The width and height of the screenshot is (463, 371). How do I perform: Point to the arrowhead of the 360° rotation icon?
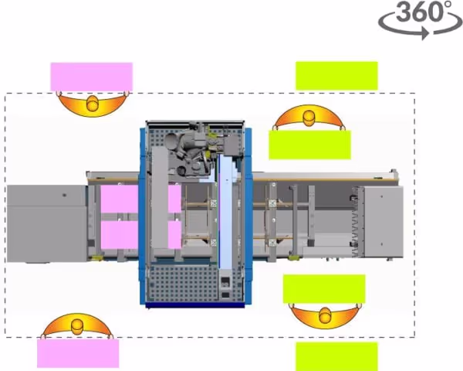click(425, 33)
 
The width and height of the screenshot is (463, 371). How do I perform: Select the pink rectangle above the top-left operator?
click(92, 77)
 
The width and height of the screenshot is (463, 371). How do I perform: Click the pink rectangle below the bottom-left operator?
click(78, 353)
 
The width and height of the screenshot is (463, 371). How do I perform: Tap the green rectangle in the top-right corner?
click(336, 76)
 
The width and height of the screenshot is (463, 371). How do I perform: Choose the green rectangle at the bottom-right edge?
click(336, 356)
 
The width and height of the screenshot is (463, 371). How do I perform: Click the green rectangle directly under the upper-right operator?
click(309, 145)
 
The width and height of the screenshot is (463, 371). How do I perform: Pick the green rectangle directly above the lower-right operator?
click(324, 289)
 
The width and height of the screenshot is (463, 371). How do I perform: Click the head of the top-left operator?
click(93, 104)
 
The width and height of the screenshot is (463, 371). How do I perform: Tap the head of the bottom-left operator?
click(78, 326)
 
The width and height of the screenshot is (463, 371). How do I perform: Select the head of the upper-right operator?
click(309, 117)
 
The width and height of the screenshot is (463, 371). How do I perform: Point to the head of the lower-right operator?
click(325, 315)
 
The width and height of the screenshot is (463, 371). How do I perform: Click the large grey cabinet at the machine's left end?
click(46, 223)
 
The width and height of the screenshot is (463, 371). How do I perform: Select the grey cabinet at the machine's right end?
click(384, 222)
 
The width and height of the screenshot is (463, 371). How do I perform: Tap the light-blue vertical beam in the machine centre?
click(226, 213)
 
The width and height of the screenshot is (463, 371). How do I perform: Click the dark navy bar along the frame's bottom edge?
click(195, 305)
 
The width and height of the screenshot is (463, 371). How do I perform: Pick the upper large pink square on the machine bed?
click(120, 199)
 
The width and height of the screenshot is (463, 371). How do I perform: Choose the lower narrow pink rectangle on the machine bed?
click(174, 235)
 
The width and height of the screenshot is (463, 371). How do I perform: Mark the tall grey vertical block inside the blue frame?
click(160, 198)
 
